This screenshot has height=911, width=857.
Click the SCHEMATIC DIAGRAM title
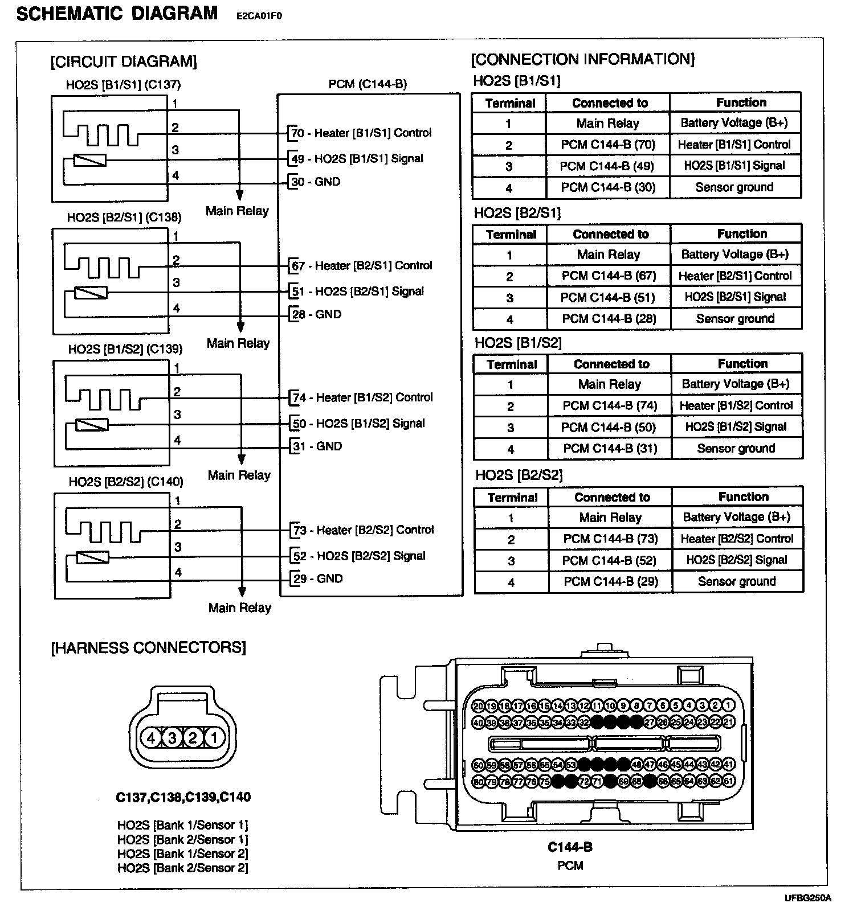pos(117,14)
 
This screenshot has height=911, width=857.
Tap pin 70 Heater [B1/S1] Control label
pos(361,133)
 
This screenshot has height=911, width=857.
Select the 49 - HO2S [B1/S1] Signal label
pos(357,159)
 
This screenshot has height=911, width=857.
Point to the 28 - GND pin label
pos(316,314)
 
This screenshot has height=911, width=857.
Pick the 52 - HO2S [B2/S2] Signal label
pos(358,556)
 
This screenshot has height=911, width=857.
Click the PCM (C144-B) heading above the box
pos(368,84)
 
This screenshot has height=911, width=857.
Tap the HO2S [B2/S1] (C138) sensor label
pos(124,217)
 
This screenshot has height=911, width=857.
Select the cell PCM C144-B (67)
pos(609,276)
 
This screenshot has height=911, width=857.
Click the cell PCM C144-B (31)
pos(610,449)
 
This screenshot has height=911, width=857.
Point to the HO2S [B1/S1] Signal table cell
pos(734,166)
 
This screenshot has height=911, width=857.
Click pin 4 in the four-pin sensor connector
pos(151,738)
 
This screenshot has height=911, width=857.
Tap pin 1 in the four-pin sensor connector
pos(214,738)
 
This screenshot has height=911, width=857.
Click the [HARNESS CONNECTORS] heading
pos(149,648)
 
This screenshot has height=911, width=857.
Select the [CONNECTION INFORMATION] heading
pos(583,59)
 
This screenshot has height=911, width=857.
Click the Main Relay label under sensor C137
pos(237,211)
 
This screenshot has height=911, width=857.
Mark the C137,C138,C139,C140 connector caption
pos(183,797)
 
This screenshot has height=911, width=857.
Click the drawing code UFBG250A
pos(807,898)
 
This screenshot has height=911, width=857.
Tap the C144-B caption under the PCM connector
pos(570,847)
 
